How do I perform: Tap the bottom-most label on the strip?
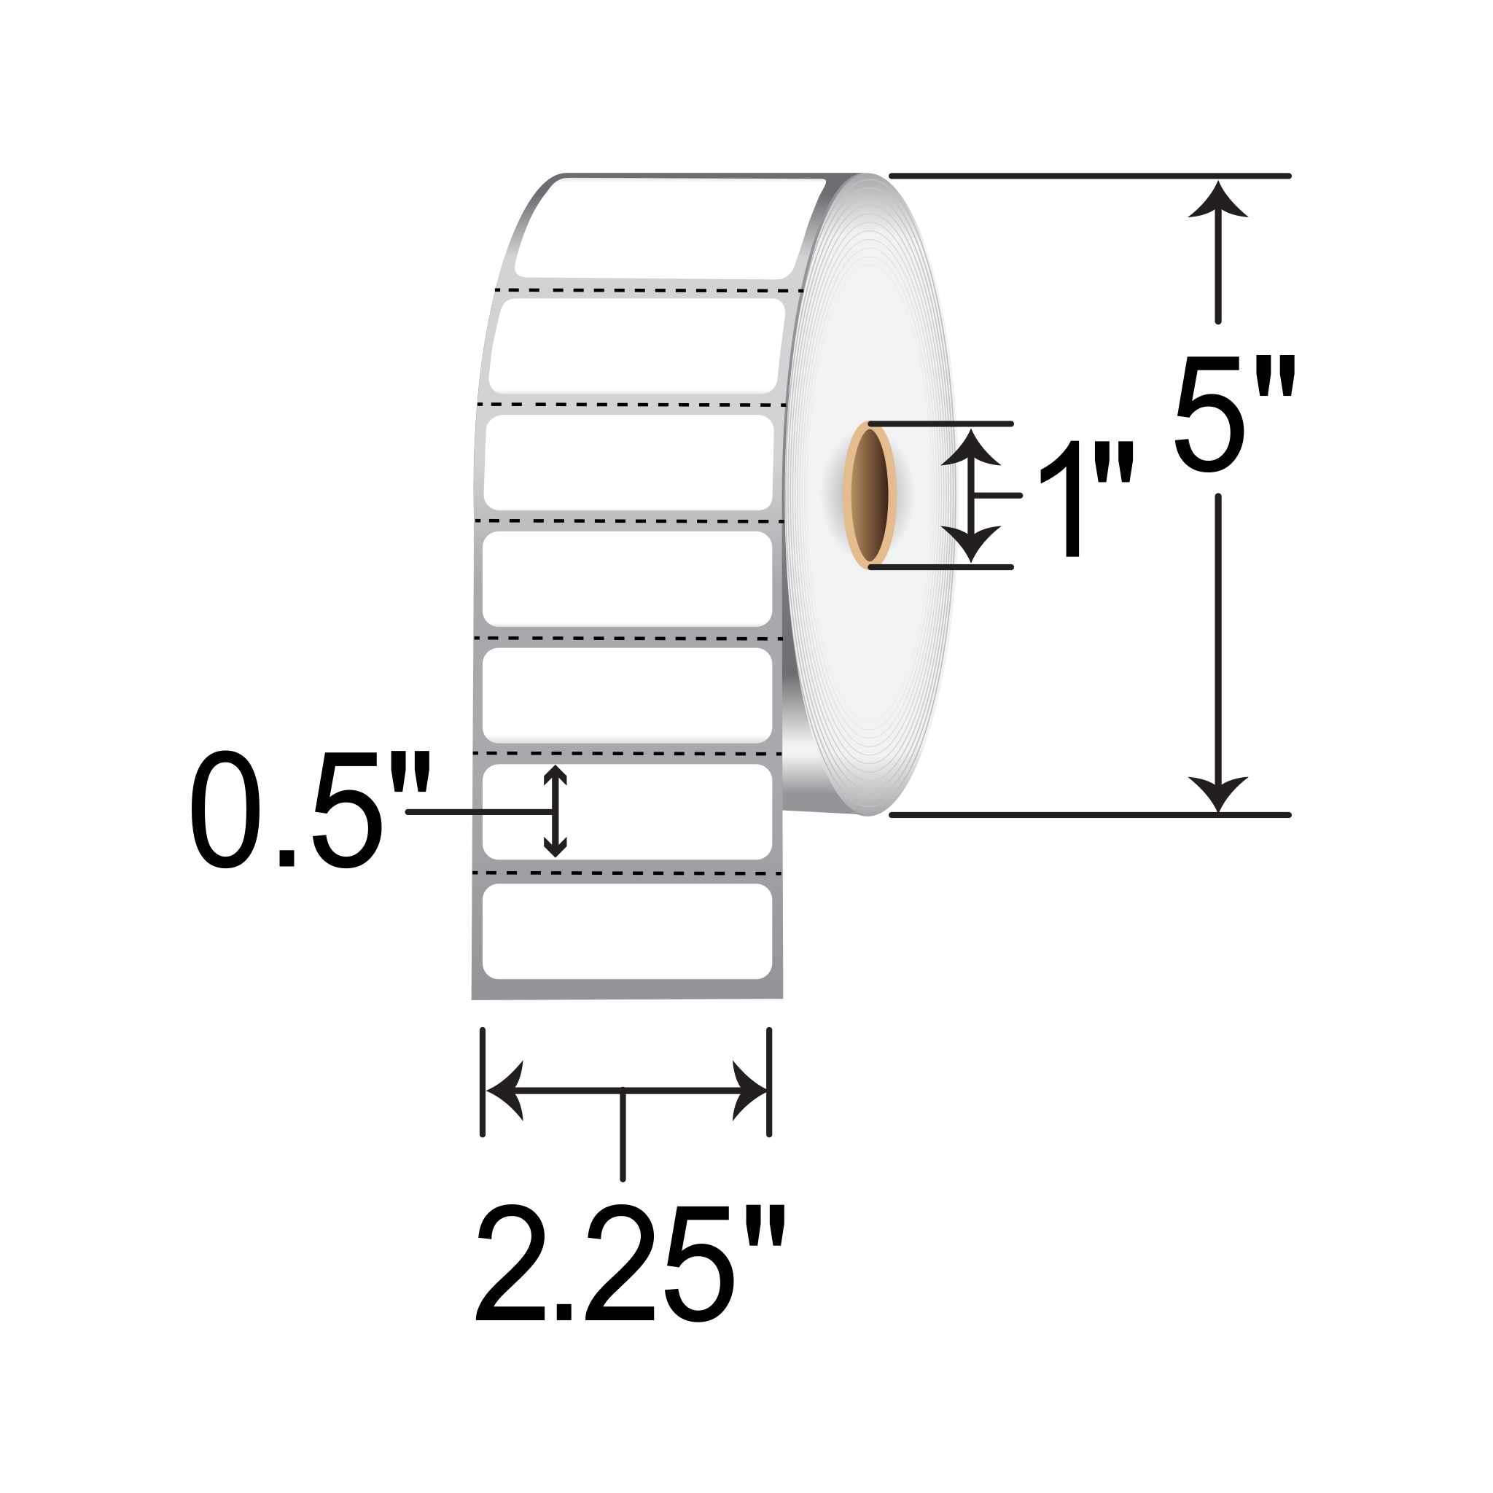[627, 931]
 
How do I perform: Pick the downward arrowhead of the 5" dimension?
[1218, 793]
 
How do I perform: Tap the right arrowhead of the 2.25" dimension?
[748, 1091]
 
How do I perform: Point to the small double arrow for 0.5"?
[555, 811]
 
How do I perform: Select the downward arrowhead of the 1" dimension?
[971, 543]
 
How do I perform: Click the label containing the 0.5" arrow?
[665, 811]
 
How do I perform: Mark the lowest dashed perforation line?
[627, 873]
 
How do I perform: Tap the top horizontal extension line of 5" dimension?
[1090, 176]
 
